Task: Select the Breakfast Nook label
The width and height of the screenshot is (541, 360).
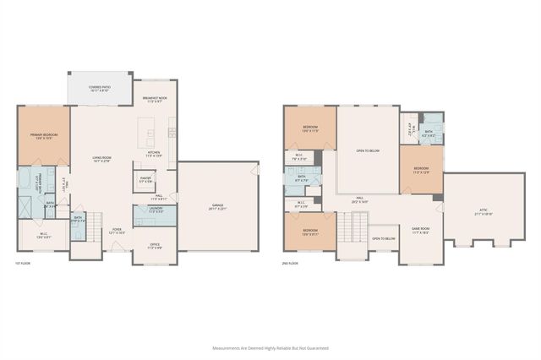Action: point(156,99)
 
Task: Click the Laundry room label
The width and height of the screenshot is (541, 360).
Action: point(156,210)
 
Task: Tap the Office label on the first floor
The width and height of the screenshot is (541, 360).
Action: point(156,246)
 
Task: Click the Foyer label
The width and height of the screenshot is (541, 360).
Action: point(113,229)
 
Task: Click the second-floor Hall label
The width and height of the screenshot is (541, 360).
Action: point(358,200)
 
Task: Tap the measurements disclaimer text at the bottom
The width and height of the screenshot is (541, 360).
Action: point(270,346)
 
